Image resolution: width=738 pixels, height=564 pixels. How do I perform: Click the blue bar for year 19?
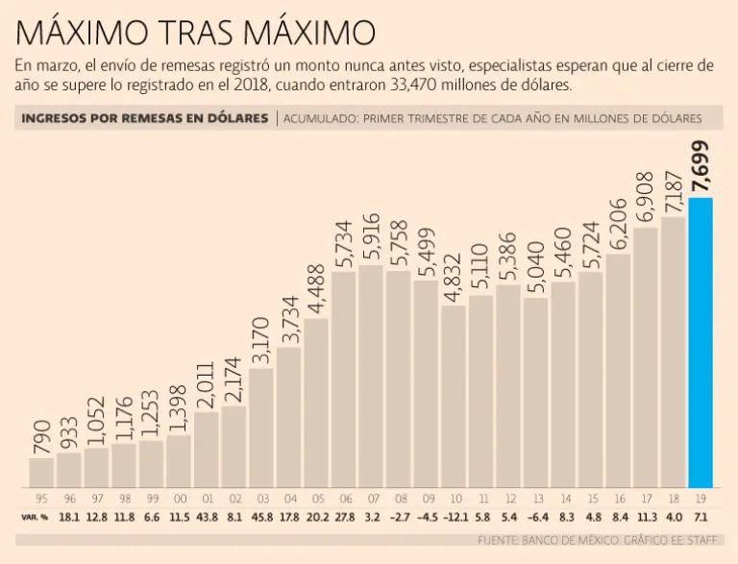(701, 341)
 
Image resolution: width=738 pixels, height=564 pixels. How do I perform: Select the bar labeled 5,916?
(371, 375)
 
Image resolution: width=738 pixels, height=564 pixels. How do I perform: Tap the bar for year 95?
(41, 472)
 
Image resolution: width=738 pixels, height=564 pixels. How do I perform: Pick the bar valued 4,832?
(454, 395)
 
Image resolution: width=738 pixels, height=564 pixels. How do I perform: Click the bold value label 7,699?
(701, 166)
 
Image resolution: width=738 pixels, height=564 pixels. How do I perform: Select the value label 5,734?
(344, 241)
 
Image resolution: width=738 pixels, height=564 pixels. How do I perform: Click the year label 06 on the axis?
(344, 500)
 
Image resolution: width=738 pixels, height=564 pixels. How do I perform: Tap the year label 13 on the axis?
(536, 500)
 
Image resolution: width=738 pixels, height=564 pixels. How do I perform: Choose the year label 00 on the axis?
(179, 500)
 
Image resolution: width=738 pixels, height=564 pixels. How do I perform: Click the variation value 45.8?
(261, 517)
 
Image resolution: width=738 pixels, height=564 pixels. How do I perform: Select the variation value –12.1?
(453, 517)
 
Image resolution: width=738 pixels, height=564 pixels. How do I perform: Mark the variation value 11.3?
(646, 517)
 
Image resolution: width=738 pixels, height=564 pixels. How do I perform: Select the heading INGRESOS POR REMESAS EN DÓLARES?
(144, 118)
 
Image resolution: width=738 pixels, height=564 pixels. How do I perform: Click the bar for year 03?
(261, 427)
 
